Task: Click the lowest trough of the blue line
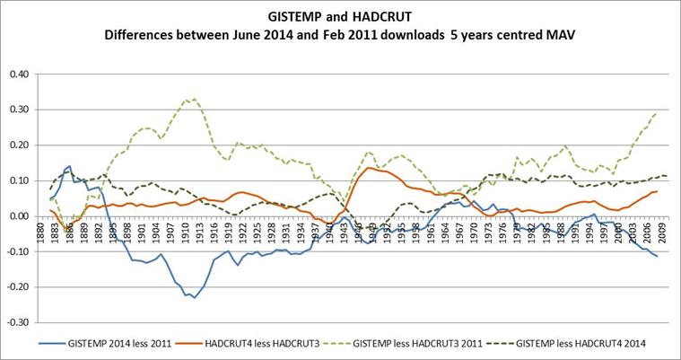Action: coord(194,297)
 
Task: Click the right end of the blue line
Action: coord(658,257)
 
